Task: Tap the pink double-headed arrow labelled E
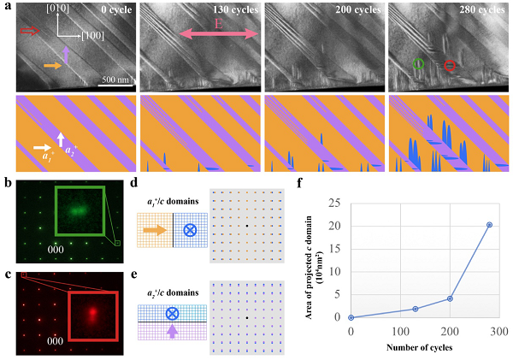click(x=219, y=34)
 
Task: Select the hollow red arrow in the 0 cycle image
click(x=30, y=31)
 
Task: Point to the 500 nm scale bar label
click(x=115, y=80)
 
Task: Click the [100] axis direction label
click(x=93, y=36)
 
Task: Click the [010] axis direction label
click(x=57, y=9)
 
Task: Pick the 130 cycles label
click(x=235, y=9)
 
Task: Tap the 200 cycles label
click(x=358, y=9)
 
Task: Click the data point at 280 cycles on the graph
click(x=489, y=225)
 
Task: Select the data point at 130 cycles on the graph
click(x=416, y=309)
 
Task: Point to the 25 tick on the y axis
click(x=333, y=204)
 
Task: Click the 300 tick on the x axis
click(x=499, y=331)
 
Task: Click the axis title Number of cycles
click(x=420, y=347)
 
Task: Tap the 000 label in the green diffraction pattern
click(x=56, y=250)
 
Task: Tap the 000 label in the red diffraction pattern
click(x=55, y=341)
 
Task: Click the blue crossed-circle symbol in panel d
click(x=190, y=230)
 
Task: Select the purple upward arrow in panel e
click(x=173, y=331)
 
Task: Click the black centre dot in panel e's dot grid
click(x=247, y=318)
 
